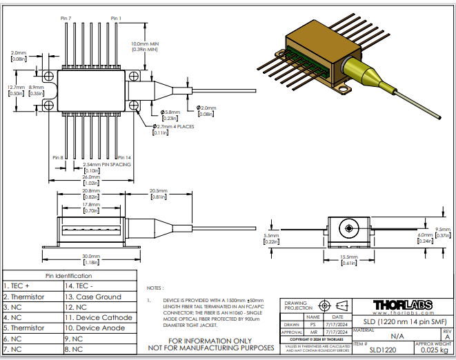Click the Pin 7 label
pos(65,18)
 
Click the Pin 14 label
pos(124,158)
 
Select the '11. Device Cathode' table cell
pos(99,317)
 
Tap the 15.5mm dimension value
pos(348,258)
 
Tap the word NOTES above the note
pos(156,288)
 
